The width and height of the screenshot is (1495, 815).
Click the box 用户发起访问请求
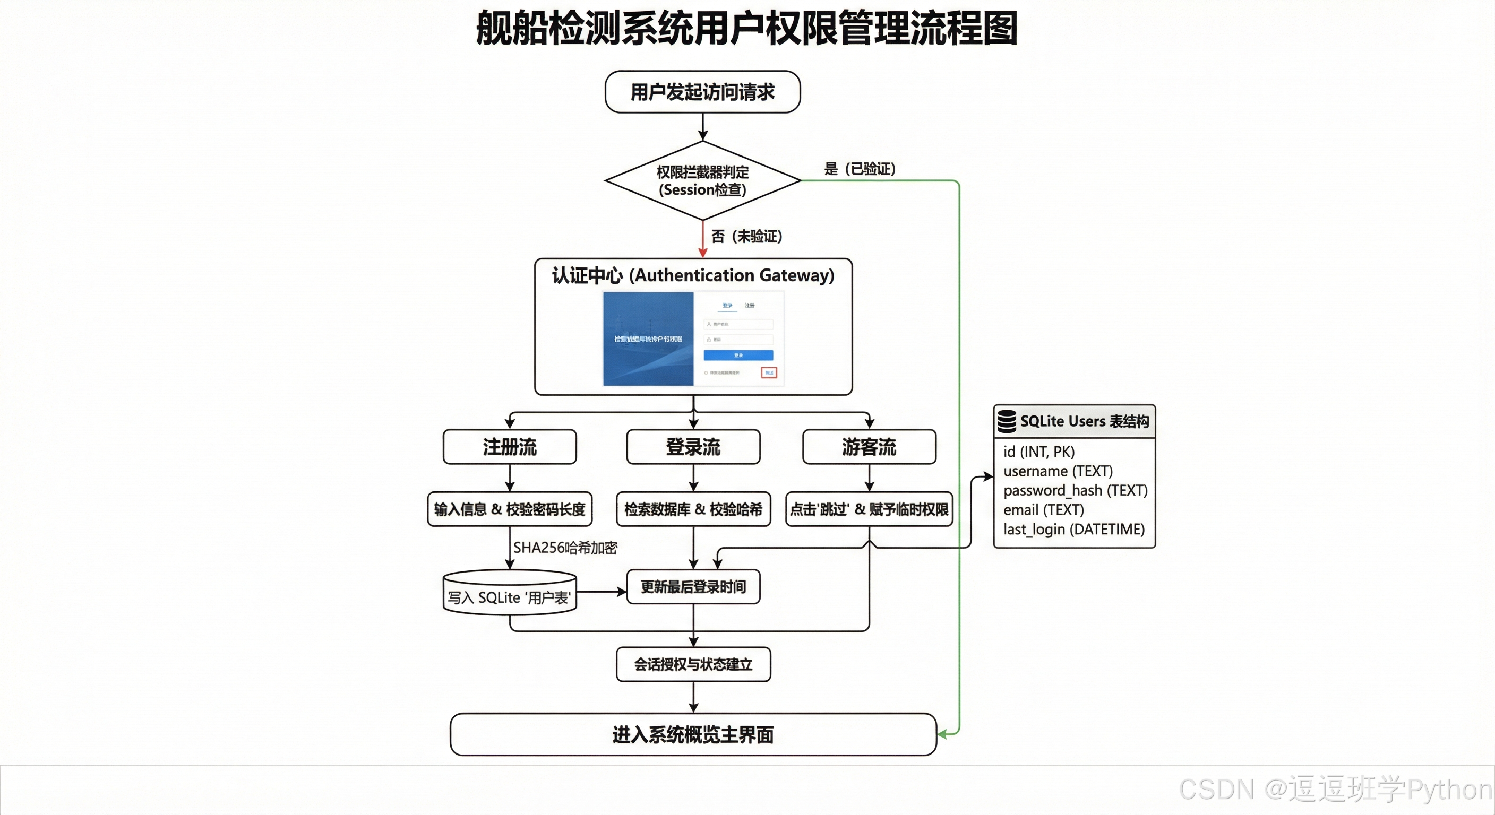point(702,92)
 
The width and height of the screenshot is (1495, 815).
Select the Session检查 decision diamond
point(702,181)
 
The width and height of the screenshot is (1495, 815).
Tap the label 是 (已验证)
point(860,169)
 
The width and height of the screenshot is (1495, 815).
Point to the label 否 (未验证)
point(746,236)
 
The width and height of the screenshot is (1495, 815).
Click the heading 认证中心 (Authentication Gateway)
point(693,275)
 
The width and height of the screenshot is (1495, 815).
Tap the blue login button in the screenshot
point(738,355)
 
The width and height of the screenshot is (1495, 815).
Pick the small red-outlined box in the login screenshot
point(769,372)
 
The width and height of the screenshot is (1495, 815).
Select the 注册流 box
point(510,447)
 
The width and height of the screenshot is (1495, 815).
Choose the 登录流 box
point(693,447)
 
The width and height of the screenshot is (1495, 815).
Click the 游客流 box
point(869,447)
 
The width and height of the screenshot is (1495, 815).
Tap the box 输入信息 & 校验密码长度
point(510,509)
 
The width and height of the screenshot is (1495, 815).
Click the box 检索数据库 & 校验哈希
point(693,509)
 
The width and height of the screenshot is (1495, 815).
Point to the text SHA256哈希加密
point(565,548)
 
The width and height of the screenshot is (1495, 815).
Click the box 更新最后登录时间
point(693,586)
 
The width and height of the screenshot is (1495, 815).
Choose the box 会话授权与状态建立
point(693,664)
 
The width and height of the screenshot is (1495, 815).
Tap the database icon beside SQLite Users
point(1007,421)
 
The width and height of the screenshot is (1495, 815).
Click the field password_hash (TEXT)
point(1075,490)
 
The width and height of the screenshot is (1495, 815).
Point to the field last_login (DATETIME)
point(1073,529)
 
